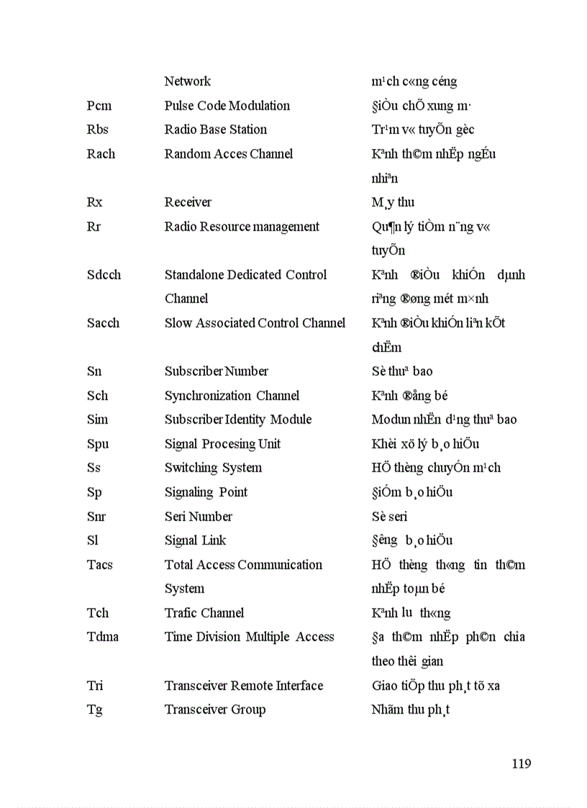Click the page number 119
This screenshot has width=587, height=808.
(x=521, y=763)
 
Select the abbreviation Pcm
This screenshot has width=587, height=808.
(x=99, y=106)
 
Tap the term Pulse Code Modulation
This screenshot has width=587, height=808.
(x=227, y=106)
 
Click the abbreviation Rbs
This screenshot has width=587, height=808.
(x=98, y=130)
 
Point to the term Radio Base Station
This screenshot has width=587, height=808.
(x=216, y=130)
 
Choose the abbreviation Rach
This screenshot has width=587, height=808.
(x=101, y=154)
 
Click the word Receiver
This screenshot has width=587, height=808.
(x=188, y=202)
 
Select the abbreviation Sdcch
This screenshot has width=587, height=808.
(x=104, y=275)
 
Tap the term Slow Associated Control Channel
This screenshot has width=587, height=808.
(x=255, y=323)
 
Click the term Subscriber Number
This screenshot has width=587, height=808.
(x=217, y=371)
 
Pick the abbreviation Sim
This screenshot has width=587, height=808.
(x=97, y=419)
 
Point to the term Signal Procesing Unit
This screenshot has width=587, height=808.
(x=222, y=444)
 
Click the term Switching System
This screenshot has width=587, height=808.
(x=213, y=468)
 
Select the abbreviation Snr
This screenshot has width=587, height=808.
(x=96, y=517)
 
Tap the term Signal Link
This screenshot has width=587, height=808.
(x=196, y=540)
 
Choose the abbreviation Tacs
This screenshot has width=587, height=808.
(x=100, y=565)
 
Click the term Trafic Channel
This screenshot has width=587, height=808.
(x=204, y=613)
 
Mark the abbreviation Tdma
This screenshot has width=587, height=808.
(x=103, y=637)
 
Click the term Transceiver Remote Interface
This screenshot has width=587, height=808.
(x=243, y=686)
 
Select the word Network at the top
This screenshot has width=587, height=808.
(x=188, y=81)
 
